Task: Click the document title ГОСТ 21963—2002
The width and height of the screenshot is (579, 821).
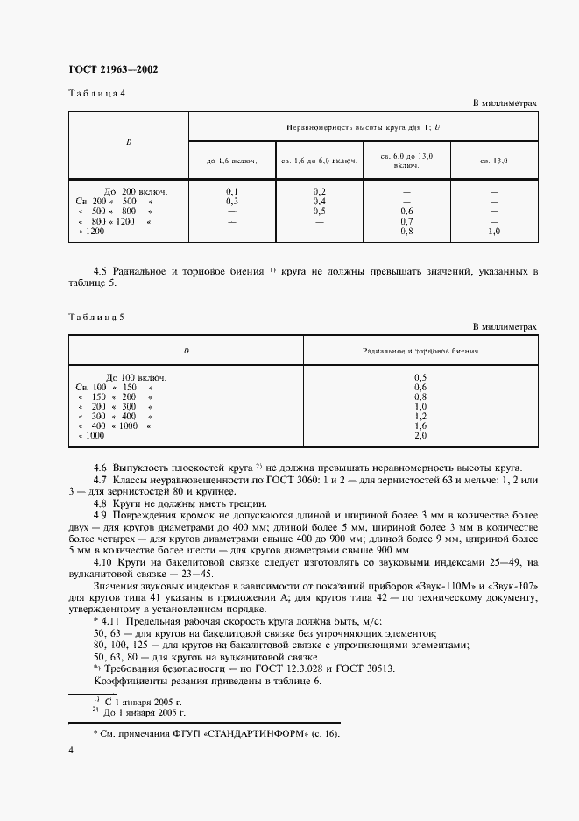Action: coord(113,71)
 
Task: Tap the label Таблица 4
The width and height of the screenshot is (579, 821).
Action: coord(97,94)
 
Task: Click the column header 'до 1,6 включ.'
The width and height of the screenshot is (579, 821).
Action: coord(233,161)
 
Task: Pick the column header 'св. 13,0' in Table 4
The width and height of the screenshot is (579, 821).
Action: coord(494,161)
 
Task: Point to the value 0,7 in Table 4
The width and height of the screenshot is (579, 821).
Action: coord(406,221)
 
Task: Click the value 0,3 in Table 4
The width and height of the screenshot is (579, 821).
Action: coord(233,201)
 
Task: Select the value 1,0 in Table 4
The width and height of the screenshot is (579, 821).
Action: coord(494,232)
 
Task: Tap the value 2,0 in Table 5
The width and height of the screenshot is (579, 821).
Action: coord(420,435)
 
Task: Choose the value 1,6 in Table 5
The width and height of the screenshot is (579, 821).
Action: coord(420,425)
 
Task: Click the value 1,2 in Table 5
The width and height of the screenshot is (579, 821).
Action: coord(420,416)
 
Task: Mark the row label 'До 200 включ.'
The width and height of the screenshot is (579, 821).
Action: coord(135,191)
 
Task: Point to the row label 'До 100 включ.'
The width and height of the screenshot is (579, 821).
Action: coord(135,377)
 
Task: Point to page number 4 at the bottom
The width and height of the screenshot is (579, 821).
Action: coord(71,752)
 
